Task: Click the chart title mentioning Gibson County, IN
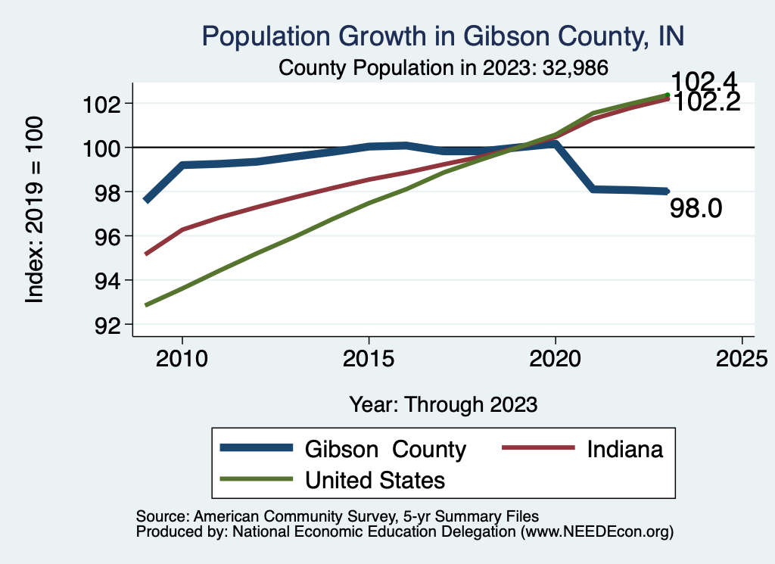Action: (x=444, y=36)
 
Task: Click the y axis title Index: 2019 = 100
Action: (x=35, y=210)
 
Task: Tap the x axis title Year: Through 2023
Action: (x=444, y=404)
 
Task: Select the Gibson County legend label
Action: (x=385, y=449)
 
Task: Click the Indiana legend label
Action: (x=625, y=449)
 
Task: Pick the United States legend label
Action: (x=375, y=480)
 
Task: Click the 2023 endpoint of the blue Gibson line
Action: (x=667, y=192)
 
